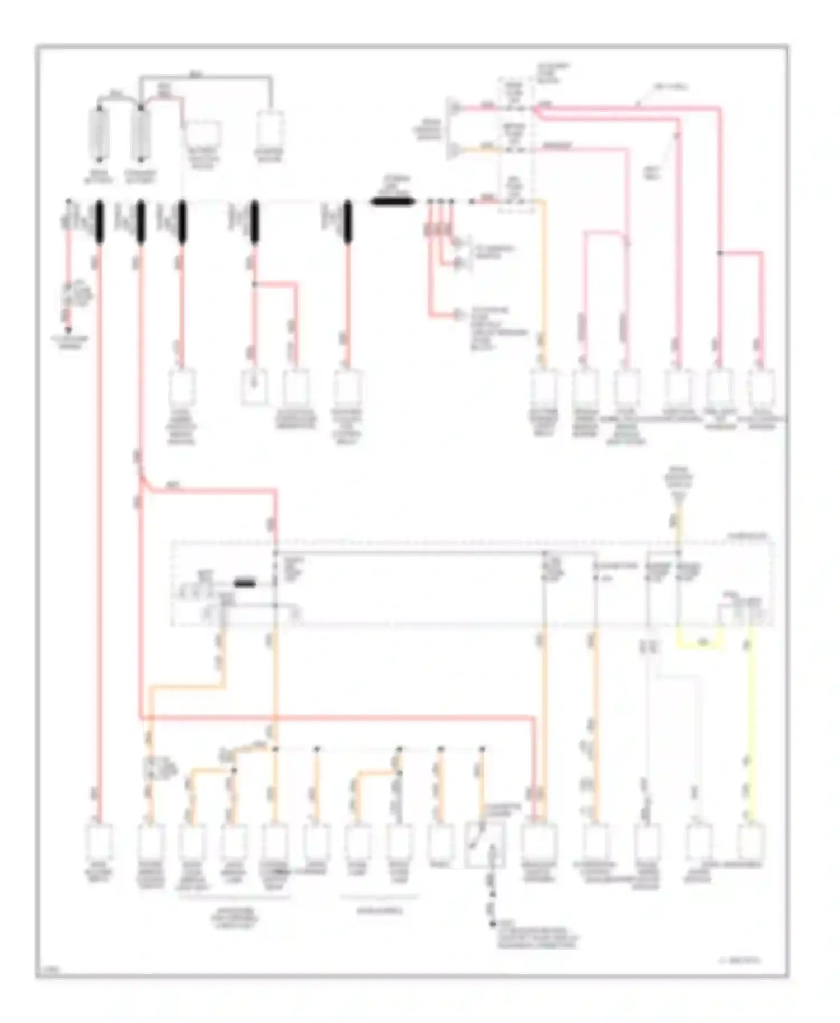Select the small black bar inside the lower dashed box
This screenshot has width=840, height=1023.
coord(245,584)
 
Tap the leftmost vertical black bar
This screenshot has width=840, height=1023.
coord(100,222)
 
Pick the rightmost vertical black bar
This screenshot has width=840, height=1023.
coord(347,222)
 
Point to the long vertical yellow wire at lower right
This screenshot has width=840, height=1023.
coord(751,728)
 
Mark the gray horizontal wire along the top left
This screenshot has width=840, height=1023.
coord(207,75)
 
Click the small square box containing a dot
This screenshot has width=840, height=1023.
coord(254,386)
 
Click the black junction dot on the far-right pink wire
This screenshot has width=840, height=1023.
coord(720,253)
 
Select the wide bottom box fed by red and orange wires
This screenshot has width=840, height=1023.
coord(539,843)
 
